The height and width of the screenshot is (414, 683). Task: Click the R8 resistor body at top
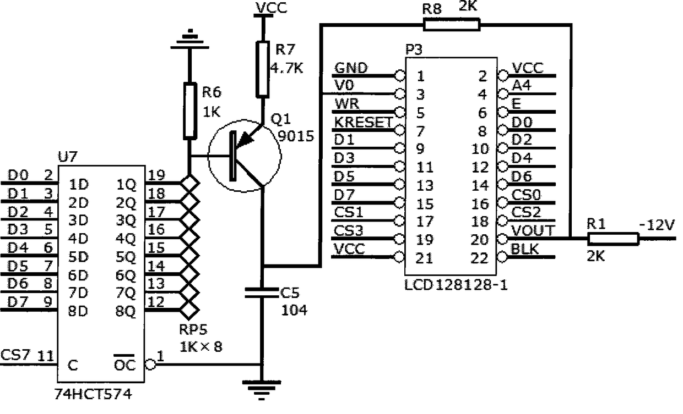pyautogui.click(x=452, y=25)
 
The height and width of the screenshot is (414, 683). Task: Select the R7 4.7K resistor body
pyautogui.click(x=262, y=69)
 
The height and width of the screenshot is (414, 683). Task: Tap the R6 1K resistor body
pyautogui.click(x=189, y=111)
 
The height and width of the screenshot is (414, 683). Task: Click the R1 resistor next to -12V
pyautogui.click(x=613, y=239)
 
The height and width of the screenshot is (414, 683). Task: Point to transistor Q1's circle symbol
pyautogui.click(x=208, y=156)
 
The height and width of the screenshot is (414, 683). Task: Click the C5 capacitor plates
pyautogui.click(x=262, y=292)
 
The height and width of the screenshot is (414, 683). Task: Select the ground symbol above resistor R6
pyautogui.click(x=190, y=39)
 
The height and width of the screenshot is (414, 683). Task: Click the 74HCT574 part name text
pyautogui.click(x=93, y=394)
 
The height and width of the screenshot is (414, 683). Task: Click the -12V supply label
pyautogui.click(x=657, y=225)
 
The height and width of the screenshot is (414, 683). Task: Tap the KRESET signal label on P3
pyautogui.click(x=363, y=123)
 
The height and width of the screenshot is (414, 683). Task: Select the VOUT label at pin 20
pyautogui.click(x=533, y=231)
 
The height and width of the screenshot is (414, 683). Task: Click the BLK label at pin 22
pyautogui.click(x=524, y=249)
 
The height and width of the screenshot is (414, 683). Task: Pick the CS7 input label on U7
pyautogui.click(x=15, y=355)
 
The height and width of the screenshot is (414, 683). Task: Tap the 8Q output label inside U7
pyautogui.click(x=126, y=311)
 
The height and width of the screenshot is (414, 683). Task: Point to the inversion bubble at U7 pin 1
pyautogui.click(x=150, y=365)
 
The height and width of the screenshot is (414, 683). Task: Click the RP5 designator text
pyautogui.click(x=193, y=329)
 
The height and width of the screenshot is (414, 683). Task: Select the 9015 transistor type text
pyautogui.click(x=296, y=136)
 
